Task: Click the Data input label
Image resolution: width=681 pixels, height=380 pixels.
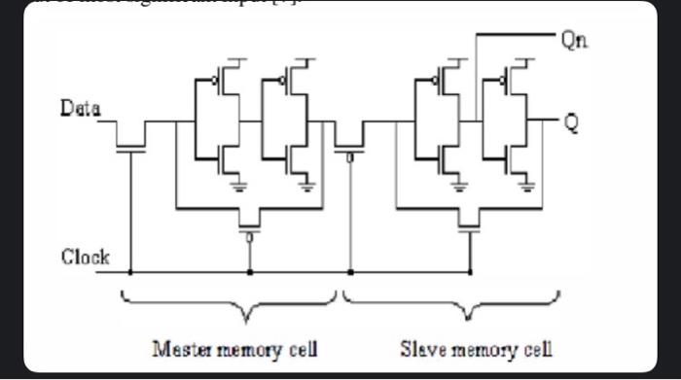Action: tap(82, 109)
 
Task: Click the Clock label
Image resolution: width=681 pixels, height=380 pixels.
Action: tap(86, 258)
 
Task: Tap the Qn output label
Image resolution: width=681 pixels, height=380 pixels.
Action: tap(573, 40)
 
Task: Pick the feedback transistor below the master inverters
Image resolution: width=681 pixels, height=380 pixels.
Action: tap(250, 222)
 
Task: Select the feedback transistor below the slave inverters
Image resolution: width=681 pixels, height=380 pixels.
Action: tap(470, 222)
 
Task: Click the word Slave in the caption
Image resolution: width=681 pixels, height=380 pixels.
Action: tap(421, 348)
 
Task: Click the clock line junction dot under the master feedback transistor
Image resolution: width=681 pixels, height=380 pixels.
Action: tap(250, 273)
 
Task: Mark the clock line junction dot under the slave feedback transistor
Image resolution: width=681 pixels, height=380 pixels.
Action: tap(470, 273)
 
